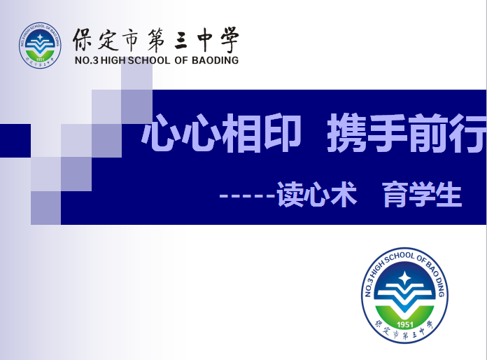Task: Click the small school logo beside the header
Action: tap(40, 46)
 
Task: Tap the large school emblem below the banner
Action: tap(404, 296)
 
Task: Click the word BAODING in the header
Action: tap(215, 60)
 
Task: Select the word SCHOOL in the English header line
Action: tap(149, 60)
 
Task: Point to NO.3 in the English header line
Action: tap(87, 60)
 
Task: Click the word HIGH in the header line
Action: tap(113, 60)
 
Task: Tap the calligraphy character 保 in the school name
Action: tap(83, 39)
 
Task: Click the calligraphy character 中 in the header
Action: tap(204, 39)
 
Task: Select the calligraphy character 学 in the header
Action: tap(230, 39)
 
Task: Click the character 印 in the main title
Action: tap(283, 134)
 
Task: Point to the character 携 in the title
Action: tap(347, 133)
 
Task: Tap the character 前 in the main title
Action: tap(428, 133)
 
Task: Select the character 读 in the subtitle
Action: tap(290, 195)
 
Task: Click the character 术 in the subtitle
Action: tap(343, 195)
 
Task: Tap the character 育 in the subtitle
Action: tap(395, 195)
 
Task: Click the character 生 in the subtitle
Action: tap(449, 195)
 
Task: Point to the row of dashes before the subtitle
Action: tap(247, 196)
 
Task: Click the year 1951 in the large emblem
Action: tap(404, 324)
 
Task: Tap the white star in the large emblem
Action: tap(404, 278)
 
